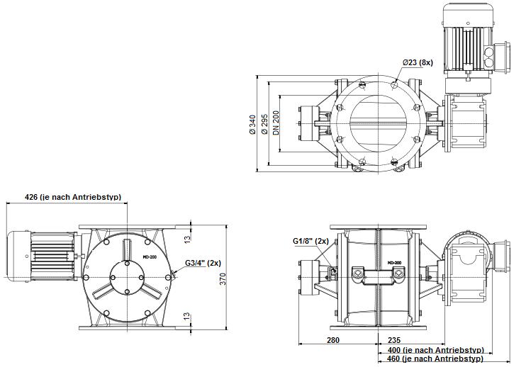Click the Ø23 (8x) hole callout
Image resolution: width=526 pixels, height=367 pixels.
[x=418, y=62]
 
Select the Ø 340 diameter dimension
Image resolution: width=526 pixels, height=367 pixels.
[x=252, y=125]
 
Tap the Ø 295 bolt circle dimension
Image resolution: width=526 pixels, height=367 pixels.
[x=264, y=125]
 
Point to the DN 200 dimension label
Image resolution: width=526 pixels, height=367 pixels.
[x=276, y=123]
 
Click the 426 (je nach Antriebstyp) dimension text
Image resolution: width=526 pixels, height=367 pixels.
[x=73, y=197]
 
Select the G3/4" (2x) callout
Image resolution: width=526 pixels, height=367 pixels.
[x=203, y=263]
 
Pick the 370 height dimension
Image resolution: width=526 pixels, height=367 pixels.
[x=223, y=279]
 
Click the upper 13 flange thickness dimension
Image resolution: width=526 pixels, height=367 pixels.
[x=187, y=239]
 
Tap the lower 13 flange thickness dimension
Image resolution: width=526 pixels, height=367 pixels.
[x=187, y=317]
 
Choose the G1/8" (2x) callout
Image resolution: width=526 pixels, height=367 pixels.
[x=310, y=241]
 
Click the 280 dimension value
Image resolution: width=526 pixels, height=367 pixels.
[x=333, y=340]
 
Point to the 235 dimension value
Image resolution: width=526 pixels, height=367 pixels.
[x=394, y=340]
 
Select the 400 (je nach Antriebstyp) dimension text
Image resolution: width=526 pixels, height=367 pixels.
[x=436, y=350]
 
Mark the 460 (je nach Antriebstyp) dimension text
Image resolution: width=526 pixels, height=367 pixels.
[x=436, y=358]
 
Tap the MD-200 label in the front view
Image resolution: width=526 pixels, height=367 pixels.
[x=394, y=263]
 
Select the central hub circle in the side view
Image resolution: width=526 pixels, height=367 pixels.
[x=127, y=278]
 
